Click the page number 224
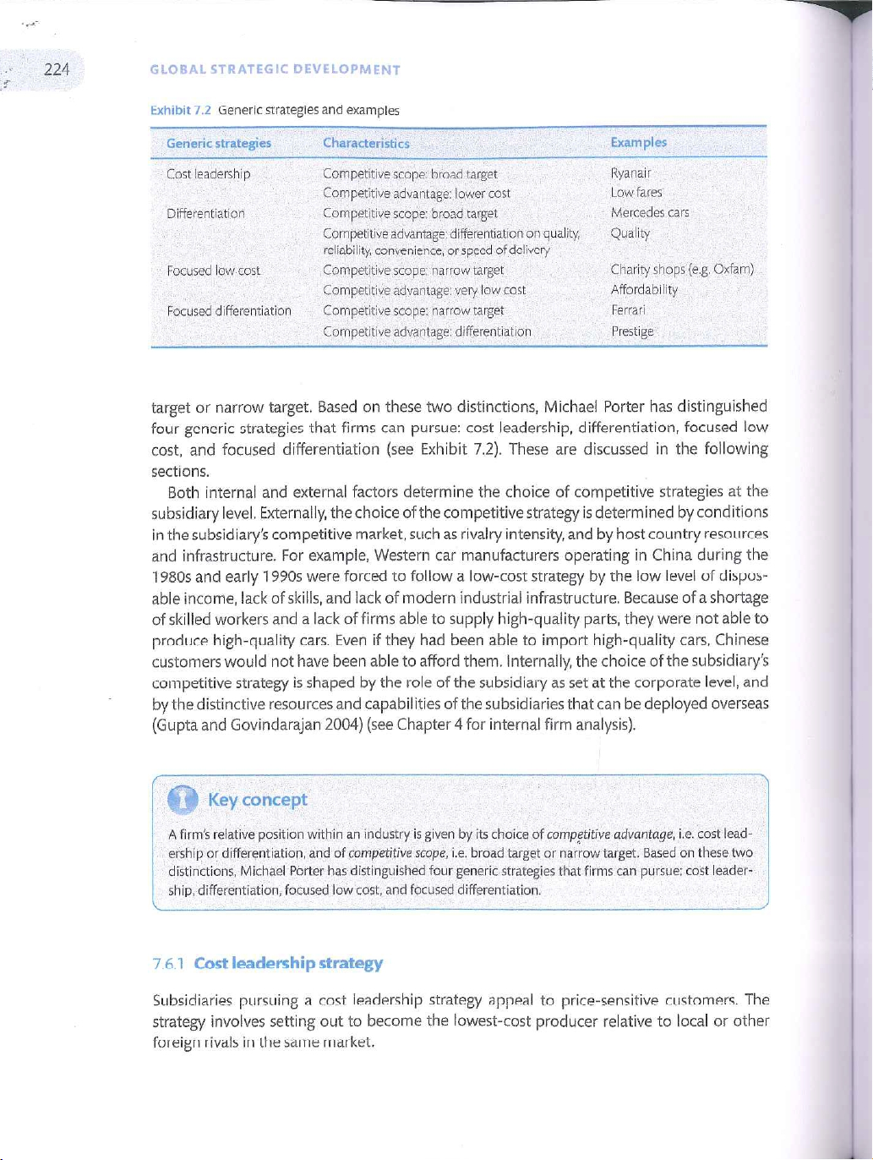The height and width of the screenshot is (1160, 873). coord(57,69)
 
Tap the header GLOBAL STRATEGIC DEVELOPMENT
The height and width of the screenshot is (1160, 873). coord(275,70)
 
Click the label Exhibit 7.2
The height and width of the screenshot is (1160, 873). coord(181,111)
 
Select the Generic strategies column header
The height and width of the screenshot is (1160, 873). coord(219,143)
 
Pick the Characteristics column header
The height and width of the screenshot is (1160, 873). coord(366,144)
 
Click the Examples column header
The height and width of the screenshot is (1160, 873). coord(638,142)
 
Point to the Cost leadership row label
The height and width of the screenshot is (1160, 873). coord(208,174)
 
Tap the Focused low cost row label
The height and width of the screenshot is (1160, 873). coord(213,271)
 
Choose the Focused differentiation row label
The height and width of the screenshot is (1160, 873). coord(229,311)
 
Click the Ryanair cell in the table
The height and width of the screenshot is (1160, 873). coord(630,173)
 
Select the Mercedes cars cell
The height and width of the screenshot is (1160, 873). coord(649,213)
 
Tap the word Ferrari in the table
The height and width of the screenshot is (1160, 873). coord(628,310)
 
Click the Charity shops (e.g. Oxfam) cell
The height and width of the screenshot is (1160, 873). coord(681,270)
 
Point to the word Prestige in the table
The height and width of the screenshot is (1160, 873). coord(632,331)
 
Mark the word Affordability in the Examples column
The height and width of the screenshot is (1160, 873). coord(644,290)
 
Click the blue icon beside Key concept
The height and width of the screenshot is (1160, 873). coord(183,800)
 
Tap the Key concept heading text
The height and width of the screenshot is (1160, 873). coord(257,800)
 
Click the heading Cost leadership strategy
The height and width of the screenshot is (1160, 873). coord(288,963)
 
